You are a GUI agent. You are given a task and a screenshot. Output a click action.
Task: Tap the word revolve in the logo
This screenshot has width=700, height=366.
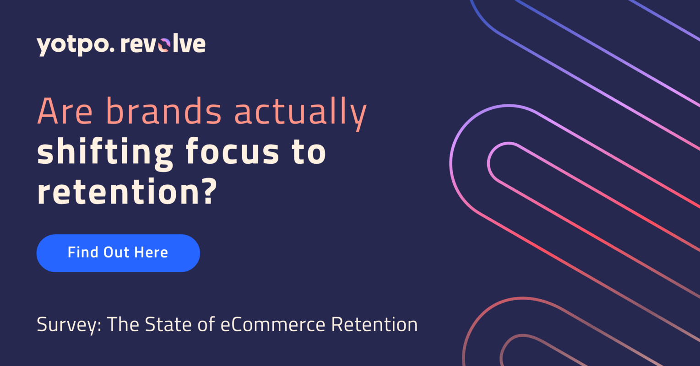tap(163, 44)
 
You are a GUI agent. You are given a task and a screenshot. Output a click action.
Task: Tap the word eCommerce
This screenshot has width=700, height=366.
tap(273, 324)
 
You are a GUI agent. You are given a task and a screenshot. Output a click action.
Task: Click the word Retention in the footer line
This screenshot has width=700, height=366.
tap(374, 324)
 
